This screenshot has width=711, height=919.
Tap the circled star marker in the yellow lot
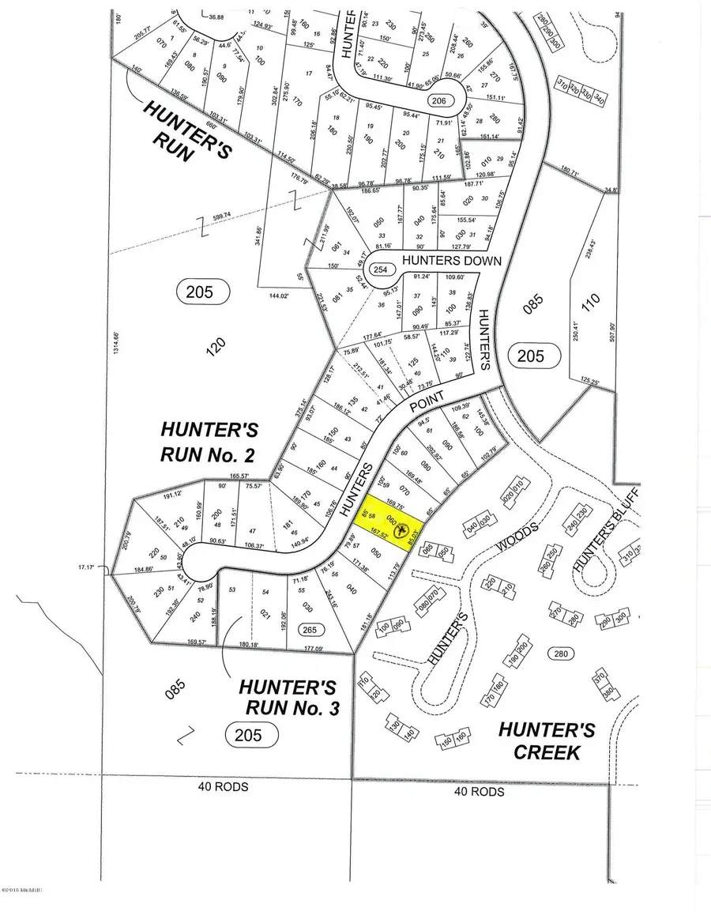tap(403, 529)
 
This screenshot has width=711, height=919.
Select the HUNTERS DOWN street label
tap(443, 258)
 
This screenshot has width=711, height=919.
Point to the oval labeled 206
tap(439, 101)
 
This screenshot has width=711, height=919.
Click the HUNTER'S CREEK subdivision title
tap(547, 740)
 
